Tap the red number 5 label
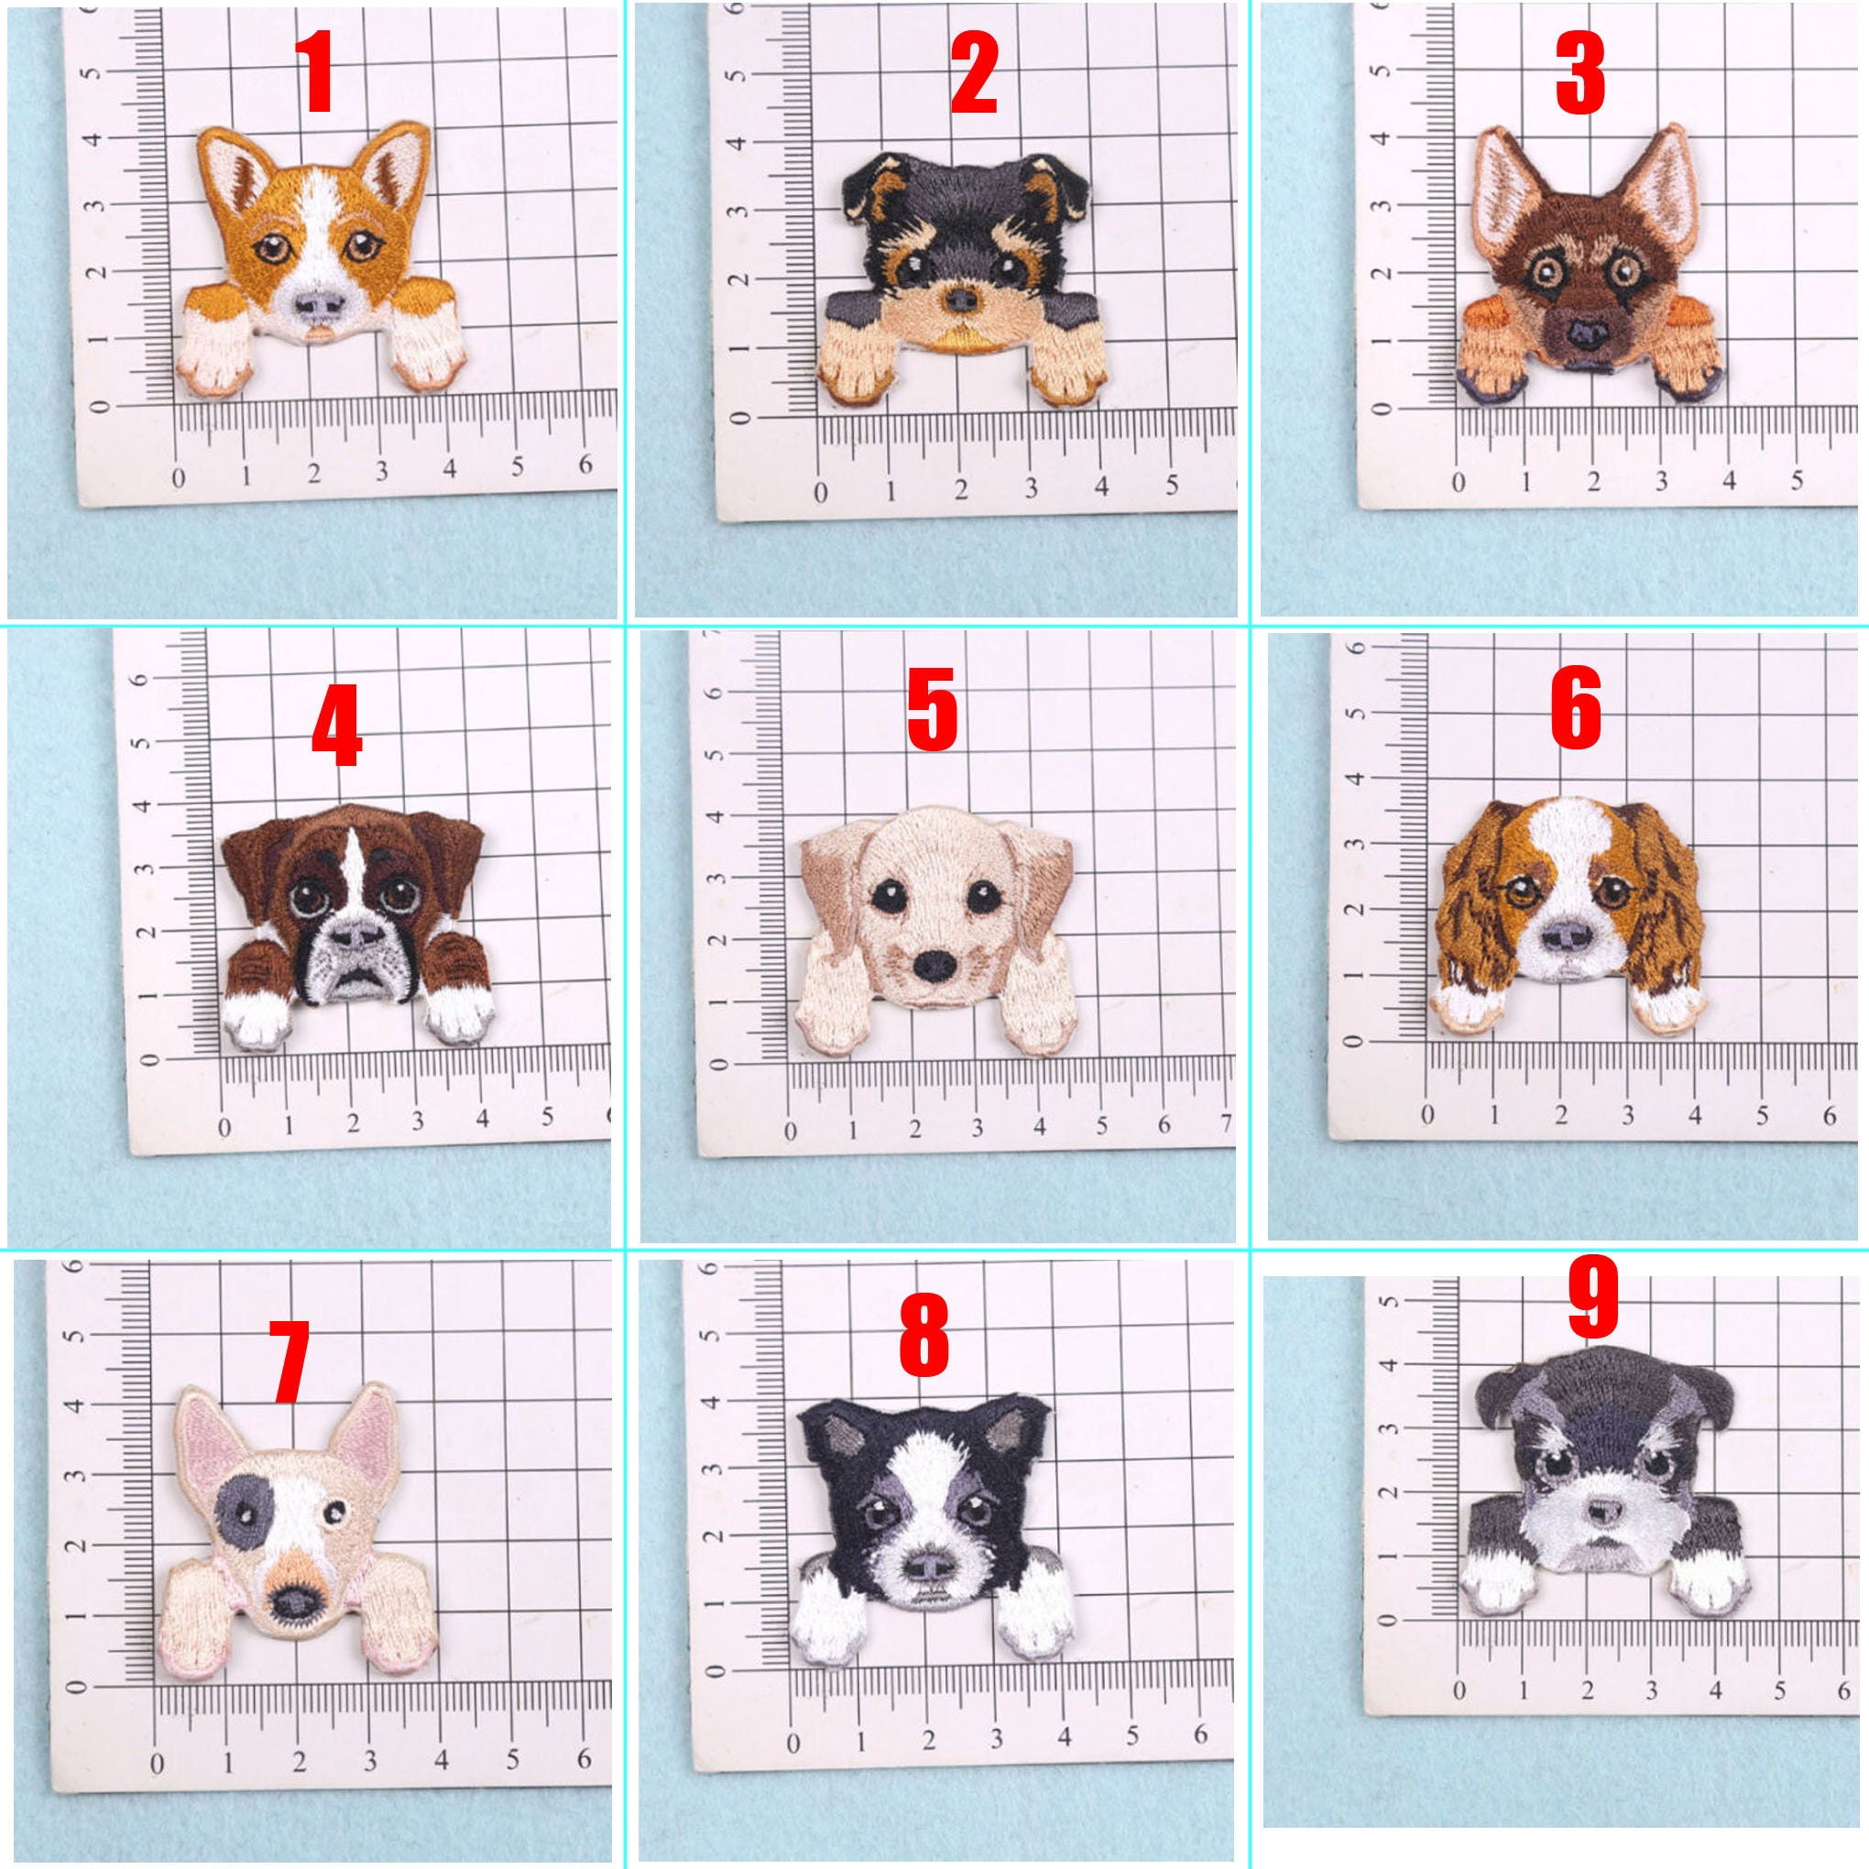tap(932, 709)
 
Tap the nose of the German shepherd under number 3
tap(1587, 334)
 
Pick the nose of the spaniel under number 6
tap(1568, 934)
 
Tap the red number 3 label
tap(1579, 72)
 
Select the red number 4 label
tap(335, 725)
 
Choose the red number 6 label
tap(1576, 709)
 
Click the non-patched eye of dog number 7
tap(334, 1510)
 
